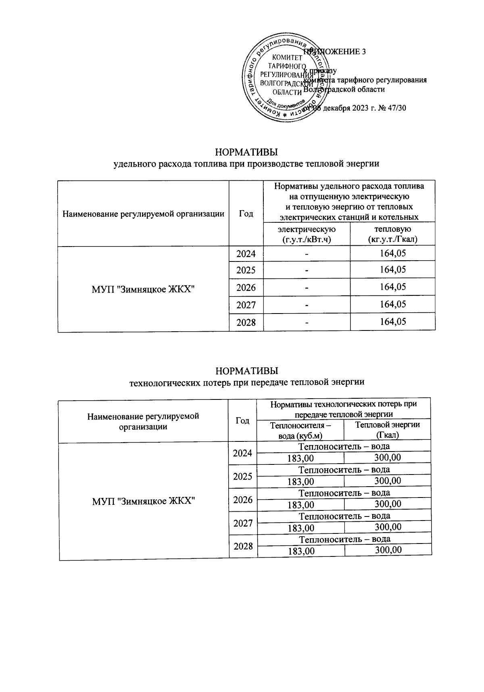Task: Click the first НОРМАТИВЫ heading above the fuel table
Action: [x=246, y=153]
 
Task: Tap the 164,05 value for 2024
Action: [x=392, y=253]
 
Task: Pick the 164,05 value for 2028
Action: [x=392, y=322]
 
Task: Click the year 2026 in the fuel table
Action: [x=246, y=287]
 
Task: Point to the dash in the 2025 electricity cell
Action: [x=307, y=270]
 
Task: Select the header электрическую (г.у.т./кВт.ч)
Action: [x=307, y=234]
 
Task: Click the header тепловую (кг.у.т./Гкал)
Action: [x=392, y=234]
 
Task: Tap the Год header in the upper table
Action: [x=246, y=213]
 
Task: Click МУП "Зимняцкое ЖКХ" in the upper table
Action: [x=144, y=289]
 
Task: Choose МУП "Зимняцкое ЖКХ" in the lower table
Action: [x=144, y=501]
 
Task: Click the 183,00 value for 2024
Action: [x=300, y=458]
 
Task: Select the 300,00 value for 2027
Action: [x=388, y=527]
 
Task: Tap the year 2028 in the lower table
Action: [x=243, y=546]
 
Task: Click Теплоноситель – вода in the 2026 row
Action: [x=344, y=493]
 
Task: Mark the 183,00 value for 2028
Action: [x=301, y=551]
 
